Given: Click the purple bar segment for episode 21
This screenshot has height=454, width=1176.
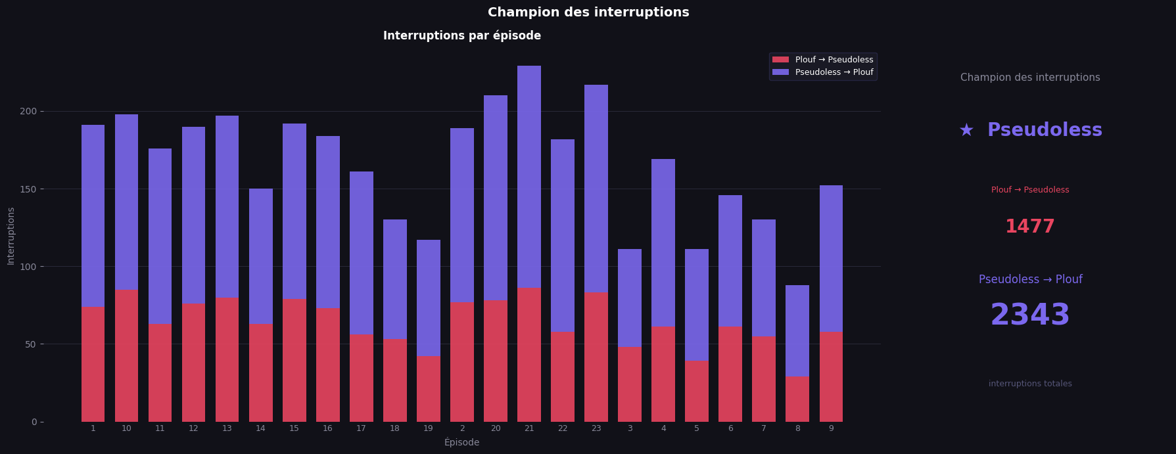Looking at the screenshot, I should click(529, 176).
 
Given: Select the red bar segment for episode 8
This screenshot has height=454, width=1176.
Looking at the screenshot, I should click(797, 399).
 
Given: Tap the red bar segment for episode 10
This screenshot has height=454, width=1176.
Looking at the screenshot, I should click(126, 356).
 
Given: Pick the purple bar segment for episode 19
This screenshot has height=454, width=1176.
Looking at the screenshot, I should click(429, 298).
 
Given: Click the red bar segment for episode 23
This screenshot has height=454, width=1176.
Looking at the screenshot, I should click(596, 357).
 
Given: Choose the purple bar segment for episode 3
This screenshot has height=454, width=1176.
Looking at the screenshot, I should click(630, 298).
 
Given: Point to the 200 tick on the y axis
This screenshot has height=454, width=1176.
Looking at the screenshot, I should click(28, 112).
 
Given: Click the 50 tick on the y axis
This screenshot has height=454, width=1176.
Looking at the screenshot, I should click(31, 344).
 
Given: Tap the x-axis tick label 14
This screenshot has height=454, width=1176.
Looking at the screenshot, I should click(260, 428).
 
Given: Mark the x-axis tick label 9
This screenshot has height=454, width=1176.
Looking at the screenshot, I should click(831, 428).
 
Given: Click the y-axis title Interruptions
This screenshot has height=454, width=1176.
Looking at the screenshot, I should click(11, 236).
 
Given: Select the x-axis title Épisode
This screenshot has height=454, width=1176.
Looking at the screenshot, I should click(461, 443).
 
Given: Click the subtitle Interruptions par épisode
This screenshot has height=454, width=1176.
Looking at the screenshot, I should click(461, 36).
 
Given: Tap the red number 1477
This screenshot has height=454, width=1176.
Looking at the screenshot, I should click(1029, 227).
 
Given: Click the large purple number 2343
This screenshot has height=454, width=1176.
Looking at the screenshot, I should click(1029, 315).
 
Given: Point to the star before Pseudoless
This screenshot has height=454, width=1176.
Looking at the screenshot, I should click(966, 131).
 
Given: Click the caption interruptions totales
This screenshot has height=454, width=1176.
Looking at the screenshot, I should click(1029, 384).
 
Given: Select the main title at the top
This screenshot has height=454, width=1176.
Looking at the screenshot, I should click(588, 12).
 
